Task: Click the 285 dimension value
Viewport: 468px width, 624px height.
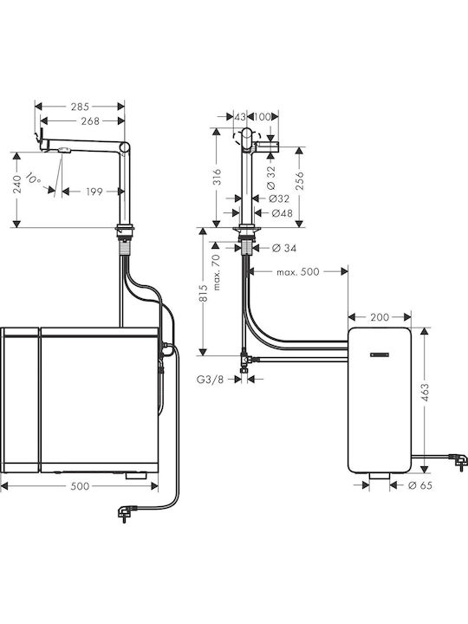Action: point(80,107)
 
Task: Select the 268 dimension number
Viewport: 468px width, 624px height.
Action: point(90,121)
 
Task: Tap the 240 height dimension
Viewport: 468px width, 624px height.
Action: point(16,185)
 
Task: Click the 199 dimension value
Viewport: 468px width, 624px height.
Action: point(94,192)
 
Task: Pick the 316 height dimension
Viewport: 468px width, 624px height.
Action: point(217,177)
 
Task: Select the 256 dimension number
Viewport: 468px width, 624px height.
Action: point(300,180)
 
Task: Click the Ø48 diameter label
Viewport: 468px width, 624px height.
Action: point(282,213)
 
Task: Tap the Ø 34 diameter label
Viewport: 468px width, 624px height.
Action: point(284,249)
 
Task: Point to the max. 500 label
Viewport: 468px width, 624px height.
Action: point(297,272)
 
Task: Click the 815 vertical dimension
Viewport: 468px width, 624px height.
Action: point(204,293)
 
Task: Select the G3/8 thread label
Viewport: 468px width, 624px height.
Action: point(210,380)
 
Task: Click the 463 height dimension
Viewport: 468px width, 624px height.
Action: point(425,393)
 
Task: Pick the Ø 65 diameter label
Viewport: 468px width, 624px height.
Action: point(420,485)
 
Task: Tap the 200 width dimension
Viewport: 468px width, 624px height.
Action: point(380,317)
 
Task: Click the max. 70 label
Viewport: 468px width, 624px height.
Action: point(217,272)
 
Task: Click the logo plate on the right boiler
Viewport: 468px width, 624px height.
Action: point(380,355)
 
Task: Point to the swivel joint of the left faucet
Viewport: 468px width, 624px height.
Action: point(125,146)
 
